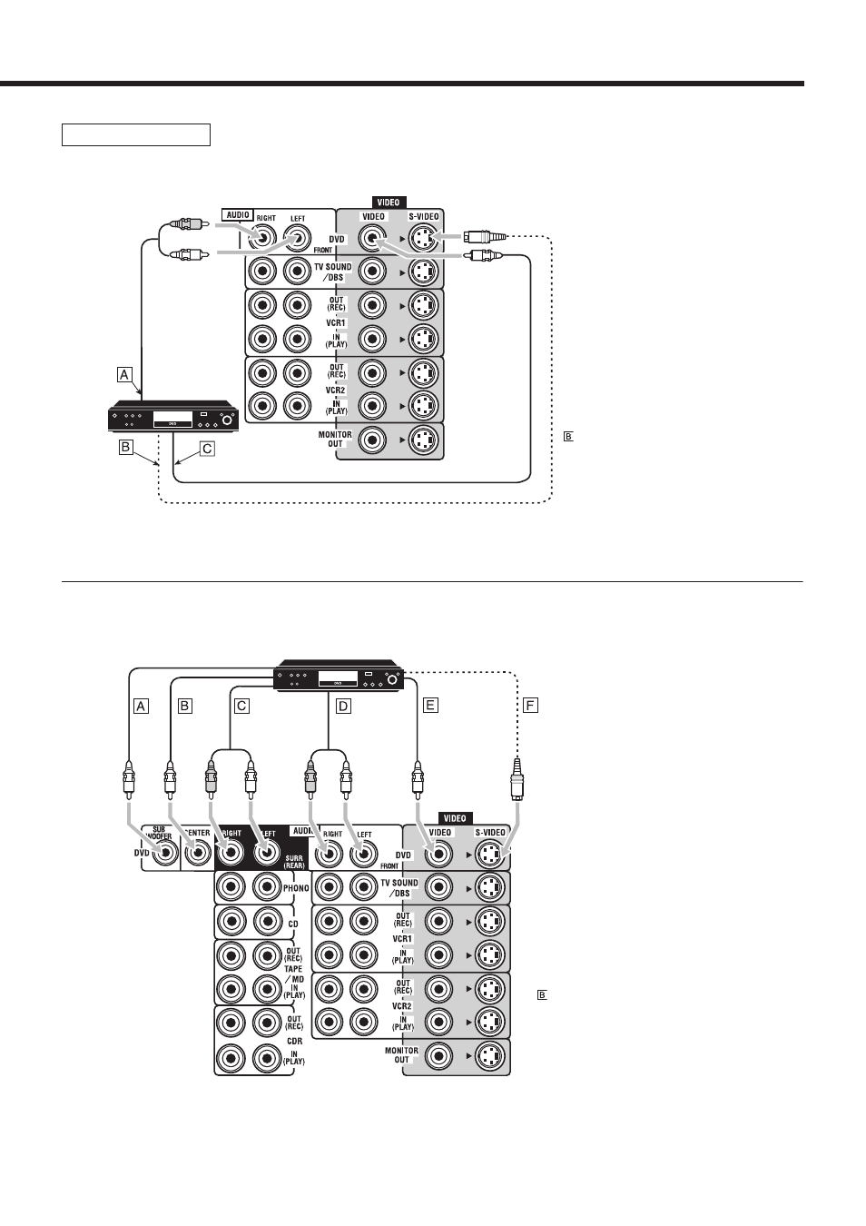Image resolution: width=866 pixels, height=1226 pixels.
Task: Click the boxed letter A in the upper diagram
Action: pos(124,375)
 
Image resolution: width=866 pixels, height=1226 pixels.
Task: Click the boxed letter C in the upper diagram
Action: pos(207,449)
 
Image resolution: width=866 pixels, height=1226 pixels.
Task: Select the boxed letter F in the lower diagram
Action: pos(529,706)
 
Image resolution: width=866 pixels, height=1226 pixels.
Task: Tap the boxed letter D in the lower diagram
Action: pos(343,706)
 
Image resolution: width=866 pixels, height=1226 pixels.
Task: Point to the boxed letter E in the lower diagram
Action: pos(430,706)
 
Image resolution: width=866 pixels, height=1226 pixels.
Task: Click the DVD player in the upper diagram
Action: pos(174,416)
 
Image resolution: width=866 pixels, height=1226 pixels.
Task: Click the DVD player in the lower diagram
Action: pos(339,675)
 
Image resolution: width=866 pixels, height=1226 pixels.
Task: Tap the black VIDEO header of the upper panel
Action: pos(389,203)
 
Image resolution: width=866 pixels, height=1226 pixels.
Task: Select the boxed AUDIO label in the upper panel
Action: pos(238,215)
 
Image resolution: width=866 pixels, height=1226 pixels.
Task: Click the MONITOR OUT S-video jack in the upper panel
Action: pos(423,440)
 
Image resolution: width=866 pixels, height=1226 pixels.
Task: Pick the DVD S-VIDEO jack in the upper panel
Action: pos(423,238)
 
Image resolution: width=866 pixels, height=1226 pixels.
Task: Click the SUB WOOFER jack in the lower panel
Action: pos(165,854)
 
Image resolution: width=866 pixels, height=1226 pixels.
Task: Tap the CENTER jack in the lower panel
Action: pos(198,854)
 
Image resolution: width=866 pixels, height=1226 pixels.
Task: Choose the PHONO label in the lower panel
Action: pos(296,888)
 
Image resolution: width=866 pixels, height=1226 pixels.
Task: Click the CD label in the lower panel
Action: pos(293,924)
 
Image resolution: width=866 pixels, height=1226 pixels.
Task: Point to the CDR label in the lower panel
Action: pos(294,1041)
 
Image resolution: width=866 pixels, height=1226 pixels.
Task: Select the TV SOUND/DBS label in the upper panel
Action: pos(332,272)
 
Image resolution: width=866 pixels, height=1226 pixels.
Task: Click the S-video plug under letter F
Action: pos(517,779)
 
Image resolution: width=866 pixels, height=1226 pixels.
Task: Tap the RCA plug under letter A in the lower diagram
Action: pos(129,778)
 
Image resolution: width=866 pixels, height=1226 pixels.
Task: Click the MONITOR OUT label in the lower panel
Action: pos(401,1054)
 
